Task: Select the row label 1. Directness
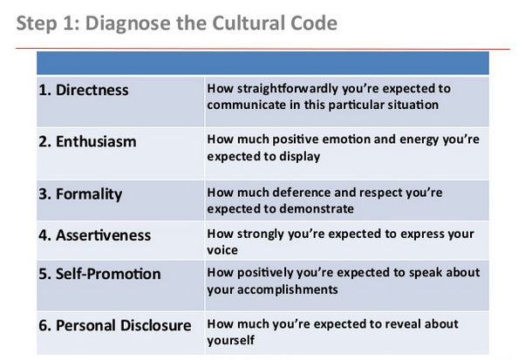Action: coord(84,90)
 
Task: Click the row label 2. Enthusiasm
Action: coord(87,141)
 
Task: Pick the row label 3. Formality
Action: coord(80,194)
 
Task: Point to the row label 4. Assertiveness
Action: coord(95,235)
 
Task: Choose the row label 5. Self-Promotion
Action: coord(99,274)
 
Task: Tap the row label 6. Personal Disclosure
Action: coord(115,325)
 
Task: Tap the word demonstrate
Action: coord(317,209)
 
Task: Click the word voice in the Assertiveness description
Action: coord(222,250)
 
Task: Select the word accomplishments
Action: coord(288,289)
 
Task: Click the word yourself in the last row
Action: coord(231,341)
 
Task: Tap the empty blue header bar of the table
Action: coord(262,63)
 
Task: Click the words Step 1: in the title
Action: coord(48,24)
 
